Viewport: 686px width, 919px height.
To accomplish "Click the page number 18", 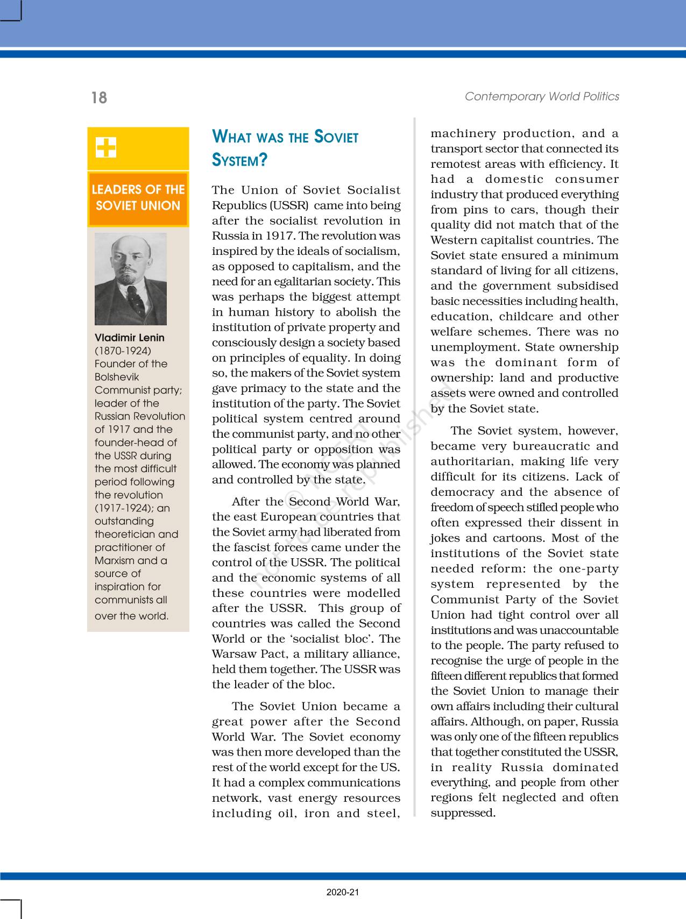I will tap(99, 97).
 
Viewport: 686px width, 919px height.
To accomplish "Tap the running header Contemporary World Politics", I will tap(542, 96).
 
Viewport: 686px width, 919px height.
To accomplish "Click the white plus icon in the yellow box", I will tap(106, 147).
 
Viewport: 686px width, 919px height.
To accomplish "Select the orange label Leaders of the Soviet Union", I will tap(138, 198).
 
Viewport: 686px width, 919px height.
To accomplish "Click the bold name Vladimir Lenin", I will tap(130, 338).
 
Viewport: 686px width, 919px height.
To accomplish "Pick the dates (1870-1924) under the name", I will tap(123, 351).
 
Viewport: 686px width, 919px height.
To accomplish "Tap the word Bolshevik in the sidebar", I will tap(117, 377).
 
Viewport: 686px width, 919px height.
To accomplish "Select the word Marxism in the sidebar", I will tap(115, 560).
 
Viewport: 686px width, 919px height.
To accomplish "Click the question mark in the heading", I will tap(263, 160).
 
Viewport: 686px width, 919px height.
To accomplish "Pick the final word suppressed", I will tap(463, 813).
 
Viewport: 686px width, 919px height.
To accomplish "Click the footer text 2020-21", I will tap(343, 893).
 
